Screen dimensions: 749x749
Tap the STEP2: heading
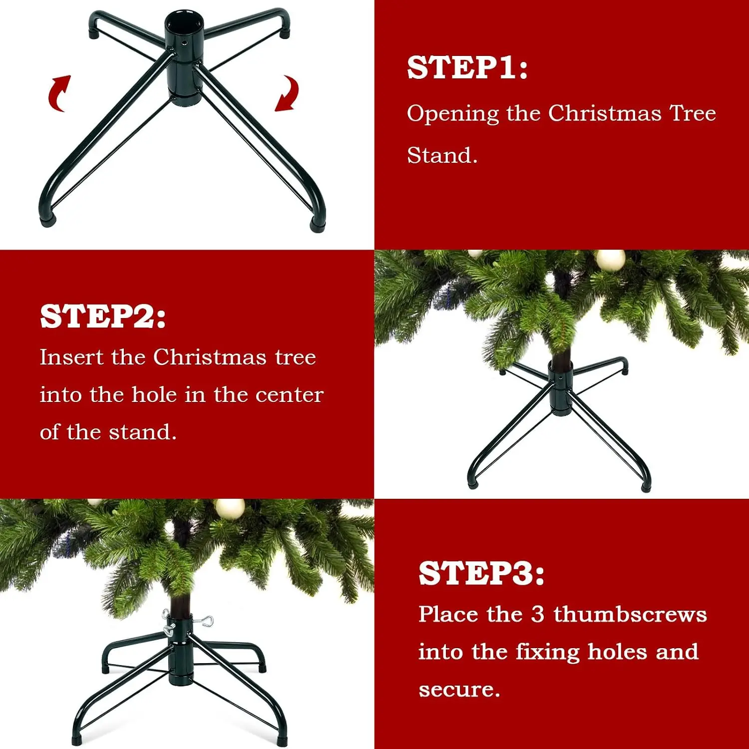102,316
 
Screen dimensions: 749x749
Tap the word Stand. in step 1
442,155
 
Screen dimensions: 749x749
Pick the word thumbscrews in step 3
630,614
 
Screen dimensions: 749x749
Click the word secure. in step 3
459,690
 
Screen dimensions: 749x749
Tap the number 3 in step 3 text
537,614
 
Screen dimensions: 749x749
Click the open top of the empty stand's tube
183,22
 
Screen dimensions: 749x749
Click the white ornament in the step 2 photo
610,259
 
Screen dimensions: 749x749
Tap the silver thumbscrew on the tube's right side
203,621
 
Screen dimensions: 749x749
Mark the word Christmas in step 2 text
210,358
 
